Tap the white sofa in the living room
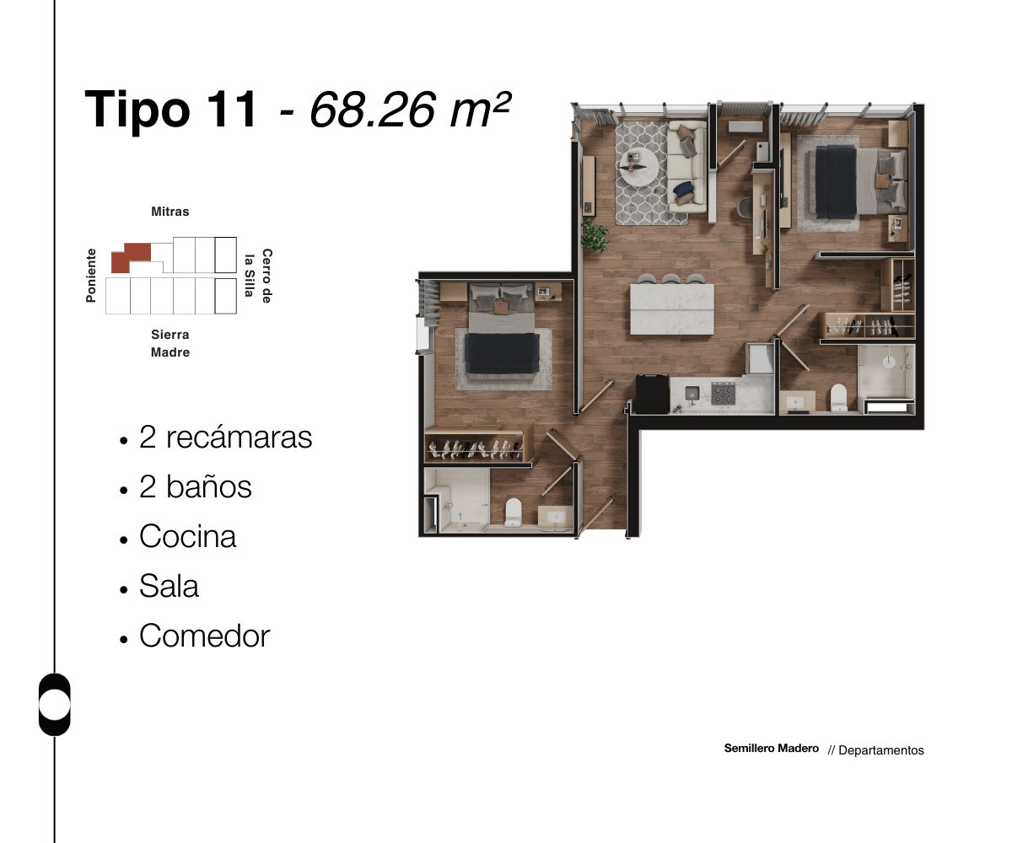point(687,167)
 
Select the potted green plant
point(595,235)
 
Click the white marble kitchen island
point(671,309)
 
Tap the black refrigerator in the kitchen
point(651,394)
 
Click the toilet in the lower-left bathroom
point(514,512)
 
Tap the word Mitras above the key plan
point(170,212)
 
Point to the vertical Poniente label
point(91,276)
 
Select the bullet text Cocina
point(187,537)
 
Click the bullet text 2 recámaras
point(225,438)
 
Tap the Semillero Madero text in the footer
point(771,749)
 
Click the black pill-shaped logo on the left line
point(55,705)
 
